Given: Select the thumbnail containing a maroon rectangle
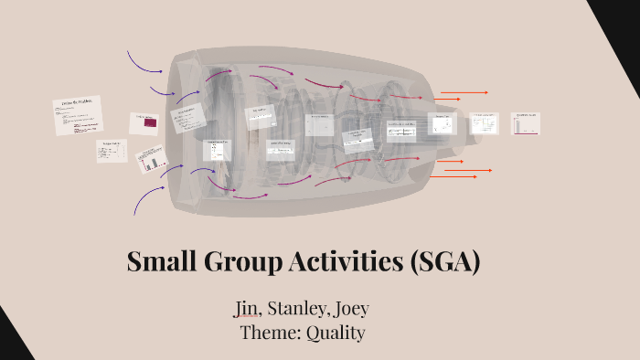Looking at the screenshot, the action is coord(145,123).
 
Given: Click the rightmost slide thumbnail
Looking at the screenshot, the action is coord(526,123).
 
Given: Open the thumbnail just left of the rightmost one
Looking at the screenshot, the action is coord(484,122).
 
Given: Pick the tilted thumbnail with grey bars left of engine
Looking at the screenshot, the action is coord(152,162).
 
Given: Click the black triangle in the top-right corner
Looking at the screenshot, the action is coord(622,27).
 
